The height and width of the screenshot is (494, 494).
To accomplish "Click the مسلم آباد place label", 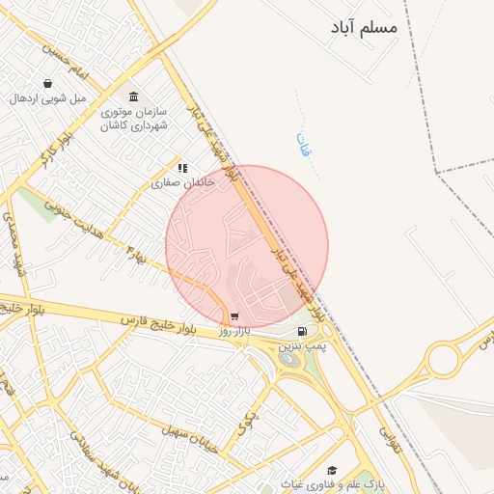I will (364, 28).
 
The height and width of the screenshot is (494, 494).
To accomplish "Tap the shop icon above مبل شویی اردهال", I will (48, 84).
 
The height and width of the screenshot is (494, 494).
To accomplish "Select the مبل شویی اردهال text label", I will (48, 98).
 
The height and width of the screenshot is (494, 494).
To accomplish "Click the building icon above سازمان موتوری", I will (133, 96).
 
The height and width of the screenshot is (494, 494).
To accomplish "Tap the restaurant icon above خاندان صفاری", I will (181, 168).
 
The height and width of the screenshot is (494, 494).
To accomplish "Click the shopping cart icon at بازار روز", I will (234, 316).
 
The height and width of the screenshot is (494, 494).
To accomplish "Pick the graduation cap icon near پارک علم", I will (331, 471).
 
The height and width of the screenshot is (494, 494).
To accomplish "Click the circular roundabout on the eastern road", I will (445, 362).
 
